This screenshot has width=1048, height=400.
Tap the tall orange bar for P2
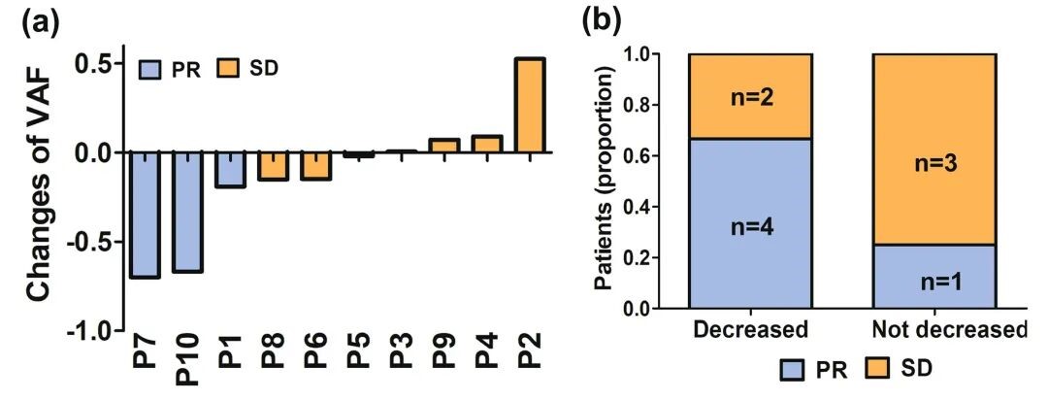[530, 105]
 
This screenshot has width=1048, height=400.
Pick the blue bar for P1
[230, 170]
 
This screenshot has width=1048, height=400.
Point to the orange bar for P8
[273, 166]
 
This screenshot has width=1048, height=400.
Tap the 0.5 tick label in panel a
[94, 64]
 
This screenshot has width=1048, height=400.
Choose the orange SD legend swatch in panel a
[229, 67]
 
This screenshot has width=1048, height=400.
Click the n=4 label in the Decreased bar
[749, 228]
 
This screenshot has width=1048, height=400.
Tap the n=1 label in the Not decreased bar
[933, 283]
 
